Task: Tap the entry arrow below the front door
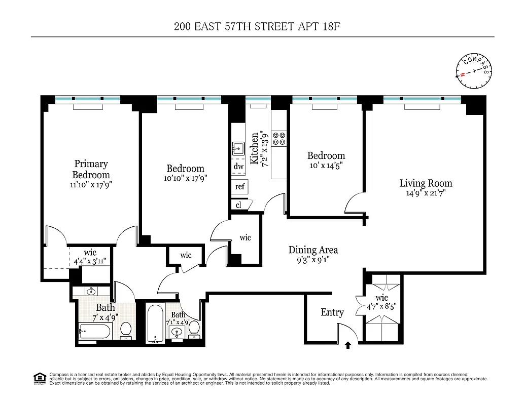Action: coord(348,346)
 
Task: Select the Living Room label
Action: coord(426,183)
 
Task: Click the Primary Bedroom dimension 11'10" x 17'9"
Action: coord(91,185)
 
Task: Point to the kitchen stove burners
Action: coord(278,139)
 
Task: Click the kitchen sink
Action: coord(238,149)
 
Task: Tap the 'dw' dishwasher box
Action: coord(238,167)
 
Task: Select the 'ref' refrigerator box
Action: coord(240,186)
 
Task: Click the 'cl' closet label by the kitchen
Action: coord(238,205)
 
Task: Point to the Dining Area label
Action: coord(313,250)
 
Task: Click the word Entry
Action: coord(332,312)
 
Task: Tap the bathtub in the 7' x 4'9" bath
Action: coord(95,332)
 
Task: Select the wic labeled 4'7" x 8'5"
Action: coord(382,302)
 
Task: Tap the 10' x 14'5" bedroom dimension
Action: coord(326,165)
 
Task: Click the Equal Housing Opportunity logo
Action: coord(39,377)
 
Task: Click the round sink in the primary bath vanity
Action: coord(91,291)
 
